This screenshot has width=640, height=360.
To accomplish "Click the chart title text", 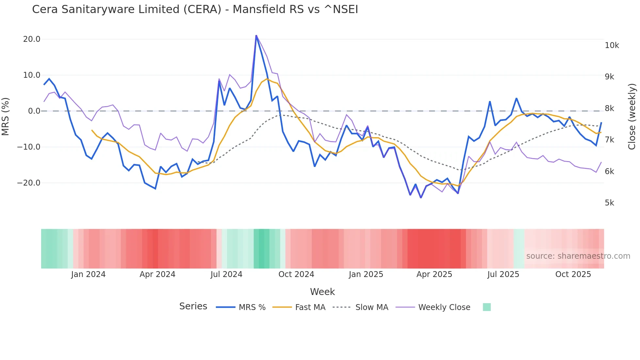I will tap(195, 9).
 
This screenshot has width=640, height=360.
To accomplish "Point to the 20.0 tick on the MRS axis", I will tap(32, 39).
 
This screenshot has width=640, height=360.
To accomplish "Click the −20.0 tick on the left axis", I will tap(29, 183).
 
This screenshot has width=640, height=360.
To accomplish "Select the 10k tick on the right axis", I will tap(612, 45).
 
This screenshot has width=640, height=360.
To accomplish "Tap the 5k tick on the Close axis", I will tap(609, 203).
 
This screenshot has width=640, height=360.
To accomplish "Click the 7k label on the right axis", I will tap(609, 140).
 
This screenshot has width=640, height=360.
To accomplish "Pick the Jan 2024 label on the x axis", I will tap(88, 274).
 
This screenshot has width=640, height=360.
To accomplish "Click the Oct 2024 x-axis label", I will tap(296, 274).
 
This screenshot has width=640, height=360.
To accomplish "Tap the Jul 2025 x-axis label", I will tap(503, 274).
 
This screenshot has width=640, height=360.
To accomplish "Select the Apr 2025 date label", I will tap(434, 274).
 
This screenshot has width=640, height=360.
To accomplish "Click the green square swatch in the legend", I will tap(487, 307).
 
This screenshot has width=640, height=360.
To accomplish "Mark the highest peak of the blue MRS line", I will tap(256, 35).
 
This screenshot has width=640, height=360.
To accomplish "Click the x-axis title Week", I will tap(322, 292).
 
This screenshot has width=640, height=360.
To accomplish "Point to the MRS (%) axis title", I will tap(6, 116).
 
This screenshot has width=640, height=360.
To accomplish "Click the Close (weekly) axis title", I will tap(632, 116).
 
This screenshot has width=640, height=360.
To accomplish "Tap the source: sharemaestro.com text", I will tap(578, 256).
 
